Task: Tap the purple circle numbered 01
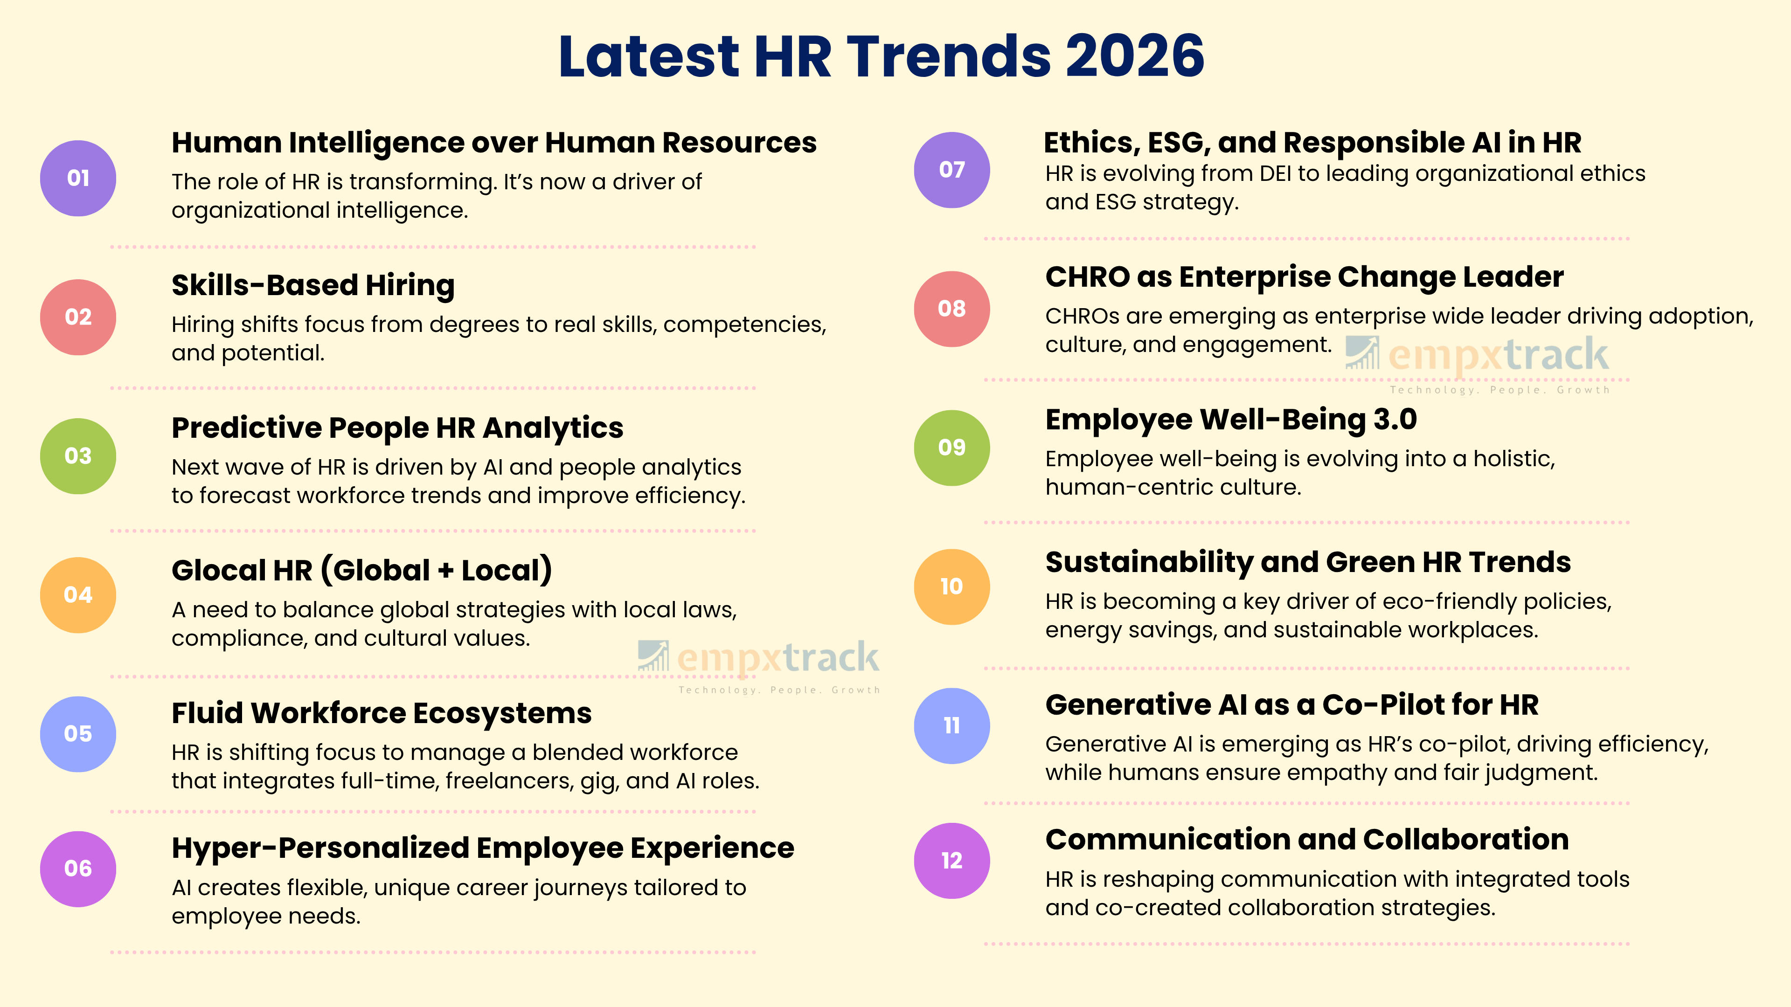78,179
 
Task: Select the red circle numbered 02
78,317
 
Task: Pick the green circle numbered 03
78,456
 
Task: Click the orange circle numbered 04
78,595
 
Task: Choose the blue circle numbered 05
78,734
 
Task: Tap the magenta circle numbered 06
78,869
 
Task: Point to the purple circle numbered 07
951,170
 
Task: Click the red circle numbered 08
951,309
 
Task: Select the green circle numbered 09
951,448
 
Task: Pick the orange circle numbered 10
951,586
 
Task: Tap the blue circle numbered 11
951,725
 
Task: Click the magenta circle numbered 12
951,860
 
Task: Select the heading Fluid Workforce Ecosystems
381,713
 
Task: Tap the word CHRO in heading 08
1087,277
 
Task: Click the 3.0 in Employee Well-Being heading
1395,420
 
